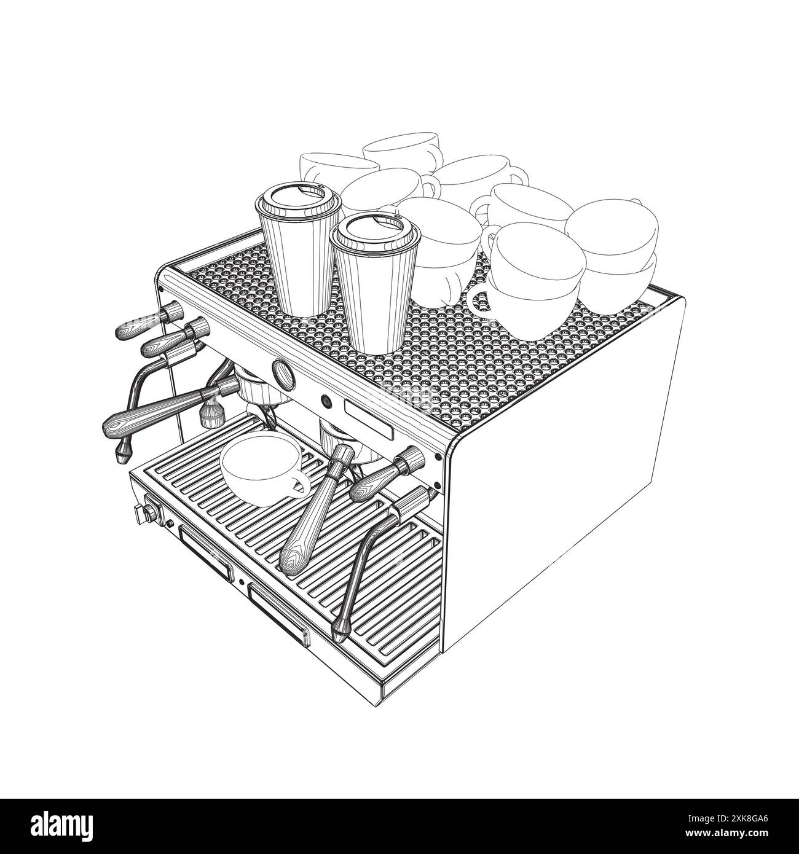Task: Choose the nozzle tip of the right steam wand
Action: click(x=339, y=632)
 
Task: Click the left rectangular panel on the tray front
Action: click(x=206, y=553)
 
